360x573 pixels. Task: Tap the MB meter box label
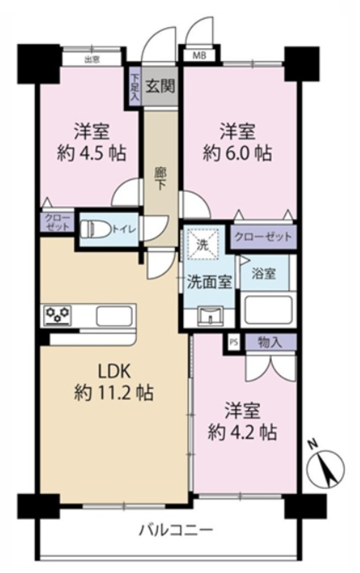tap(199, 56)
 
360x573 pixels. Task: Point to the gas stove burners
tap(58, 316)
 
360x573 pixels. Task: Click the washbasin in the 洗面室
tap(210, 316)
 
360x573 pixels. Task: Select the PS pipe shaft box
tap(233, 342)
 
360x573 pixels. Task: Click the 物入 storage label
tap(270, 342)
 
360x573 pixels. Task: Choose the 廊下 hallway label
tap(161, 179)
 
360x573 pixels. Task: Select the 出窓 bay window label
tap(92, 60)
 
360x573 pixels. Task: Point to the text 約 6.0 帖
tap(237, 154)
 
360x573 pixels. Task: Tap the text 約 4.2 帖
tap(242, 432)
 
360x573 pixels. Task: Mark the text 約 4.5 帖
tap(92, 153)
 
